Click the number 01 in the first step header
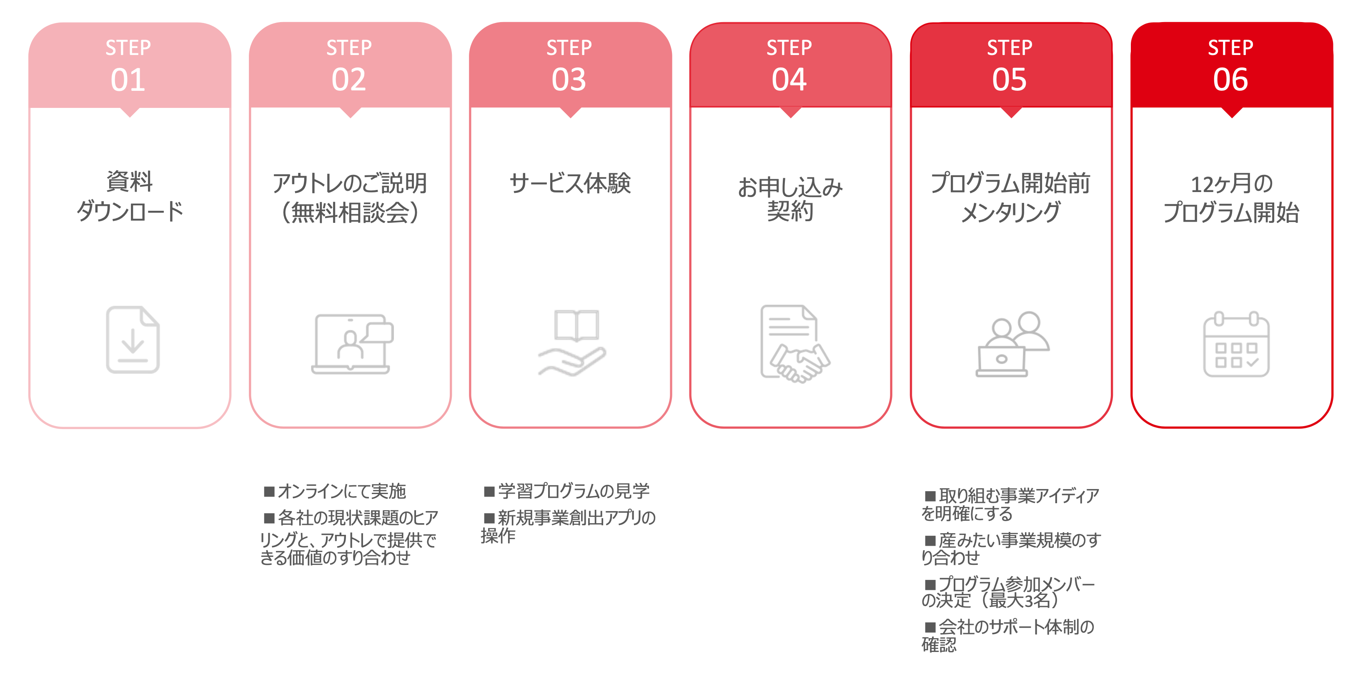point(128,80)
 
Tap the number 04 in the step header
point(789,80)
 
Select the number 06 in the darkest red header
point(1230,80)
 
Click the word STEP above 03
point(569,48)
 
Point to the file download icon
point(132,340)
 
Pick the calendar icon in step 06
point(1236,344)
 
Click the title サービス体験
point(570,183)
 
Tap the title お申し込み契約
point(790,199)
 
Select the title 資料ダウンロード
point(130,197)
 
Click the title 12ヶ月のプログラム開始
point(1231,198)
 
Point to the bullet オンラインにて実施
point(336,492)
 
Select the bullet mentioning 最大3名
point(1007,592)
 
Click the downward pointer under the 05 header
point(1011,112)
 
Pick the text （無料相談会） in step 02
point(350,212)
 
